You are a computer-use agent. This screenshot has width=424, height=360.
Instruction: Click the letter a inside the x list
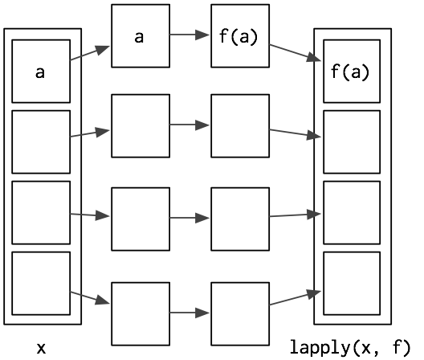pos(40,73)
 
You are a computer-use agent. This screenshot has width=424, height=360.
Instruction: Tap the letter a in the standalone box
pos(139,37)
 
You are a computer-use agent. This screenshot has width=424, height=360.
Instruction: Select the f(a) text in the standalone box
pos(238,37)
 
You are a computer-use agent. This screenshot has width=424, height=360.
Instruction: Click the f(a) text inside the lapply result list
pos(350,72)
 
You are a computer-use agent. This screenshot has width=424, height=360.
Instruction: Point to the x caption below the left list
pos(41,349)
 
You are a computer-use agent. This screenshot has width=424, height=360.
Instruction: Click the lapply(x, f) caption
pos(350,348)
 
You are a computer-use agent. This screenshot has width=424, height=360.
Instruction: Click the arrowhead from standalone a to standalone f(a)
pos(202,35)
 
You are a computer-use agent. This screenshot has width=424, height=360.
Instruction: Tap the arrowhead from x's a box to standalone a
pos(103,50)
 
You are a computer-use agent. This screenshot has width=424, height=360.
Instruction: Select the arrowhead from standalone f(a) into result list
pos(314,58)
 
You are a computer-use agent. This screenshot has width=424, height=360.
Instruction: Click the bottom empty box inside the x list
pos(41,284)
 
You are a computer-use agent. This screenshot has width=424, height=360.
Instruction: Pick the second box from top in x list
pos(41,142)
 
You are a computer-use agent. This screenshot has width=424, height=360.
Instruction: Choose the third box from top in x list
pos(41,213)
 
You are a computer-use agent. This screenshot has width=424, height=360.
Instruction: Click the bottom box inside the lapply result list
pos(352,284)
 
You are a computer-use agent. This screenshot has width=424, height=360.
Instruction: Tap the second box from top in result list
pos(352,142)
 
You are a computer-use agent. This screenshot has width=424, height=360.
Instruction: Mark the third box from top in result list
pos(352,213)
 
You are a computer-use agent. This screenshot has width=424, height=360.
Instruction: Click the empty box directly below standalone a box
pos(141,126)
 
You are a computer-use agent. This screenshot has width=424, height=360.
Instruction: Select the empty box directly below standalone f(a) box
pos(240,126)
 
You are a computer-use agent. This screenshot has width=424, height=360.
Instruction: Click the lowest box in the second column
pos(141,314)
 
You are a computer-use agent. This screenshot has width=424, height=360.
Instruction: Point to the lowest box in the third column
pos(240,314)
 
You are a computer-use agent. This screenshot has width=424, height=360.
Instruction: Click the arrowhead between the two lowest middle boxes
pos(202,313)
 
